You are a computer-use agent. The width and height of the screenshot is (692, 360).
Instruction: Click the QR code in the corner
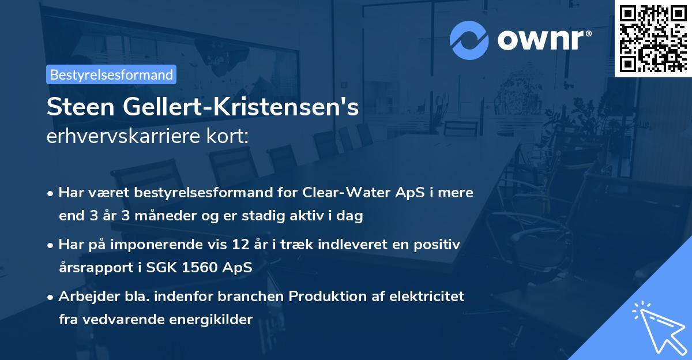pos(653,38)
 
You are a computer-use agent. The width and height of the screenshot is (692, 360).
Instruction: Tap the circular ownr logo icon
pos(469,40)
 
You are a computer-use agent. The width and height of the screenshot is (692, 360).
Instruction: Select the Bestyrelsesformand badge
pos(111,74)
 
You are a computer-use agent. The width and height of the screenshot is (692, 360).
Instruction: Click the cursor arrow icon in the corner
pos(657,327)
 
